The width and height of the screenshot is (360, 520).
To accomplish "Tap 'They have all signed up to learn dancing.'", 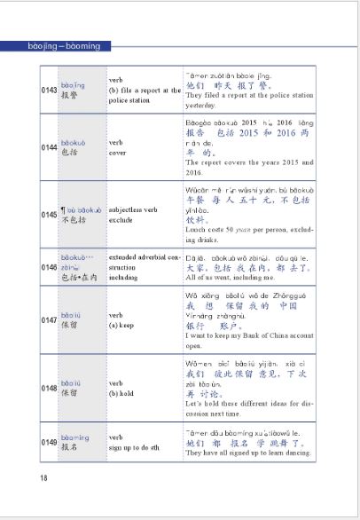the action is tap(249, 453).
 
